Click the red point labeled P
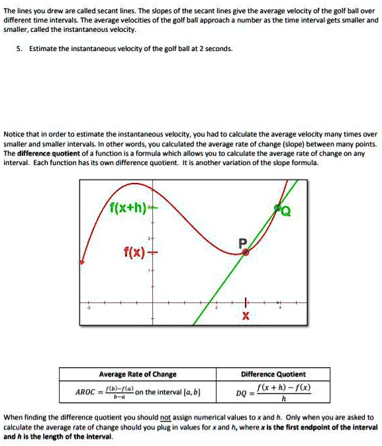tap(245, 252)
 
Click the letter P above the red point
tap(243, 242)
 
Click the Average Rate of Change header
tap(138, 374)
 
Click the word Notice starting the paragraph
tap(15, 133)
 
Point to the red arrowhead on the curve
tap(82, 263)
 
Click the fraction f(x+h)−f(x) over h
tap(285, 393)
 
